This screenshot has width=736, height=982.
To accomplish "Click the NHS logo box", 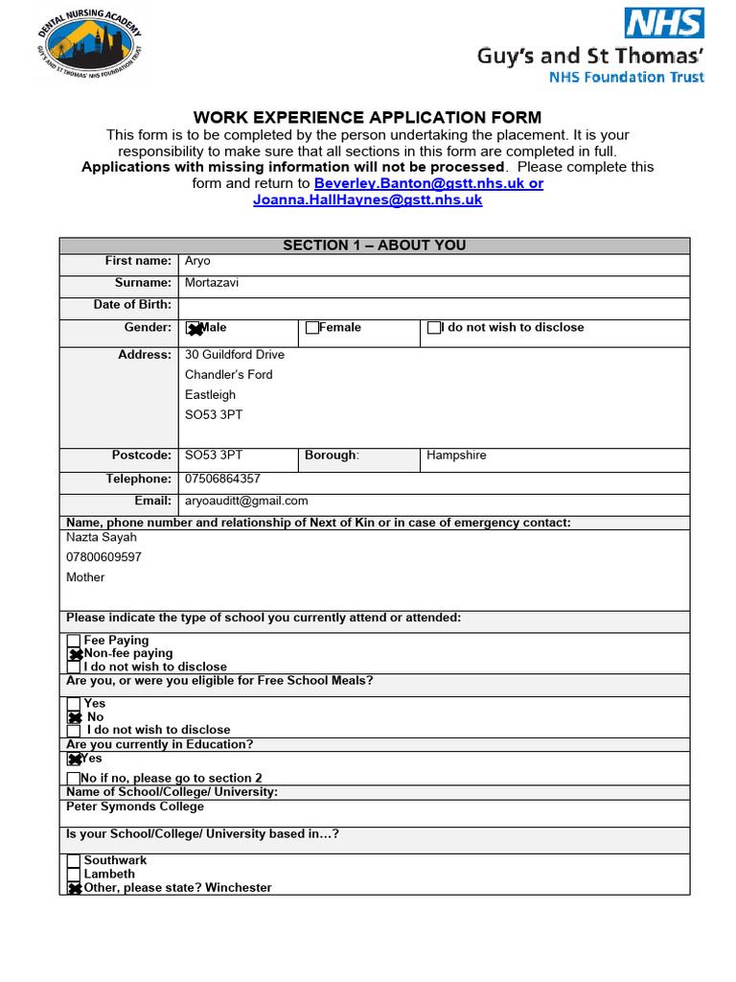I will coord(664,23).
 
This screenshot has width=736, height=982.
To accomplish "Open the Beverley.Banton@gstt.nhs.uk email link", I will coord(428,183).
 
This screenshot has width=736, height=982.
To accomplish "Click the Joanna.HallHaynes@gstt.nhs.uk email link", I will coord(367,200).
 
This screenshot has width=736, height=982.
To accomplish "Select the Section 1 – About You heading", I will coord(374,245).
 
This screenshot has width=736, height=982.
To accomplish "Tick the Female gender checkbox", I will coord(311,328).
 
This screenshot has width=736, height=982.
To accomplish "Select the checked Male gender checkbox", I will coord(193,329).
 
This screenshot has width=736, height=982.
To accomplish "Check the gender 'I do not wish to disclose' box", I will coord(434,328).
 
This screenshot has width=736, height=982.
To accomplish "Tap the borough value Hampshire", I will coord(456,456).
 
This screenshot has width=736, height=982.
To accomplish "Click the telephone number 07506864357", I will coord(222,479).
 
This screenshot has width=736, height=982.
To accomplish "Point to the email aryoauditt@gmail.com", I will coord(246,501).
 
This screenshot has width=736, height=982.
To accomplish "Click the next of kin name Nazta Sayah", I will coord(102,537).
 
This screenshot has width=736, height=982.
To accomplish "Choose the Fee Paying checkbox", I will coord(74,641).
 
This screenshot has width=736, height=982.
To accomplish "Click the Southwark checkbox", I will coord(74,861).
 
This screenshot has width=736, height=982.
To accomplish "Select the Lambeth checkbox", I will coord(74,875).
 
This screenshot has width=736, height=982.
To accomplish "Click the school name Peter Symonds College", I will coord(135,807).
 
